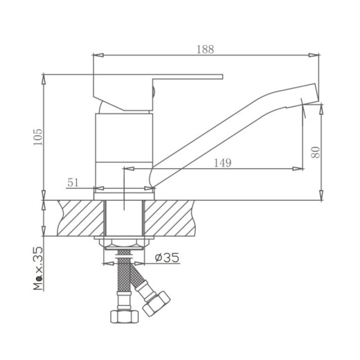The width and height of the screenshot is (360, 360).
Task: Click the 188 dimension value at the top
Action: (x=205, y=49)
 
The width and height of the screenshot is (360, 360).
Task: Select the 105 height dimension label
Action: (x=37, y=137)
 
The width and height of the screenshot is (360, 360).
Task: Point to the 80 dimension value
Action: (x=316, y=151)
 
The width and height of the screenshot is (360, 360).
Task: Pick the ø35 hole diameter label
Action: (x=167, y=258)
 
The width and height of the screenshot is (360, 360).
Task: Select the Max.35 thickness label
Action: (x=37, y=268)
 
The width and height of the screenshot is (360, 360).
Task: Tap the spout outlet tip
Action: (x=311, y=96)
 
